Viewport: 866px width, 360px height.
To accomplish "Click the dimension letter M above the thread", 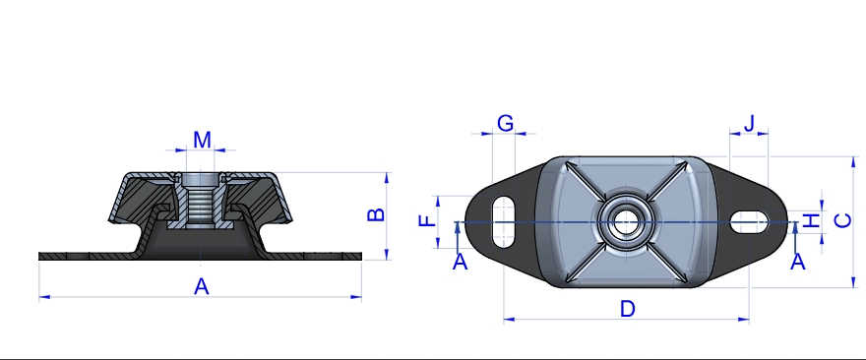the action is pos(202,141).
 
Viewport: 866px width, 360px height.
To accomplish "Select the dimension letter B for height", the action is pos(376,214).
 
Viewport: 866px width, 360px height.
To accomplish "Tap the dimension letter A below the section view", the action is pos(202,286).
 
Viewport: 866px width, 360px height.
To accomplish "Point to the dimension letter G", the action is pos(506,123).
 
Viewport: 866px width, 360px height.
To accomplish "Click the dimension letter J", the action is pos(749,124).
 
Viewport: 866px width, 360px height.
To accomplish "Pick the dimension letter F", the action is pos(428,221).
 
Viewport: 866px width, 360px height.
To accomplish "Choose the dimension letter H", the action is pos(811,221).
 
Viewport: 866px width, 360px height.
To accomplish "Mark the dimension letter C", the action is pos(842,221).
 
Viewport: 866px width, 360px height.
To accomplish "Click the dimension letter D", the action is pos(628,309).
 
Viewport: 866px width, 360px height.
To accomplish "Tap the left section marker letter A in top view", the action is pos(461,262).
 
